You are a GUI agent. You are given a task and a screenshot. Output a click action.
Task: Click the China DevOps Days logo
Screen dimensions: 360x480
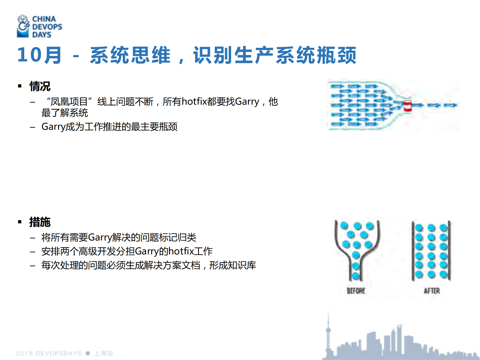pyautogui.click(x=39, y=27)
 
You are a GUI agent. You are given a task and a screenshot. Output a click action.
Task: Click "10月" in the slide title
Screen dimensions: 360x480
pyautogui.click(x=39, y=55)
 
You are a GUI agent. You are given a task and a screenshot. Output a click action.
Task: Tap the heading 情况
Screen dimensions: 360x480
pyautogui.click(x=40, y=87)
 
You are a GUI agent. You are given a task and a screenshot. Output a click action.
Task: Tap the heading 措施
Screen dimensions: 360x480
pyautogui.click(x=40, y=222)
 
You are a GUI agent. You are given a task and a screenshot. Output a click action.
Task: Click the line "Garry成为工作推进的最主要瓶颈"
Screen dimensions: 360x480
pyautogui.click(x=109, y=127)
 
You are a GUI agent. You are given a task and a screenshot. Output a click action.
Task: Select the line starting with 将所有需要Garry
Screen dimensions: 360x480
pyautogui.click(x=119, y=237)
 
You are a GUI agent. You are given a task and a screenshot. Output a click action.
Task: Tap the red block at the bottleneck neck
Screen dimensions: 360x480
pyautogui.click(x=408, y=106)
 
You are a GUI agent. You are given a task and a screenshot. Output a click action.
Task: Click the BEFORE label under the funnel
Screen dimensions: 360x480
pyautogui.click(x=356, y=291)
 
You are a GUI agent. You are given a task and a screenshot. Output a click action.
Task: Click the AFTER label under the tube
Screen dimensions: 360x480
pyautogui.click(x=432, y=291)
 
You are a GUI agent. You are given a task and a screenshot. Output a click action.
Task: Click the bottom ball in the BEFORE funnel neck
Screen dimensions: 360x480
pyautogui.click(x=356, y=276)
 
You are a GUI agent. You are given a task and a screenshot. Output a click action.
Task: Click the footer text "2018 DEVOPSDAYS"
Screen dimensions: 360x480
pyautogui.click(x=49, y=353)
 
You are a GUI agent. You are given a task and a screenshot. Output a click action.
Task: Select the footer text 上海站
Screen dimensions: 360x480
pyautogui.click(x=104, y=353)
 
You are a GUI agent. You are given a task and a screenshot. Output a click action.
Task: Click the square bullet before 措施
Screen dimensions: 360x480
pyautogui.click(x=20, y=222)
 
